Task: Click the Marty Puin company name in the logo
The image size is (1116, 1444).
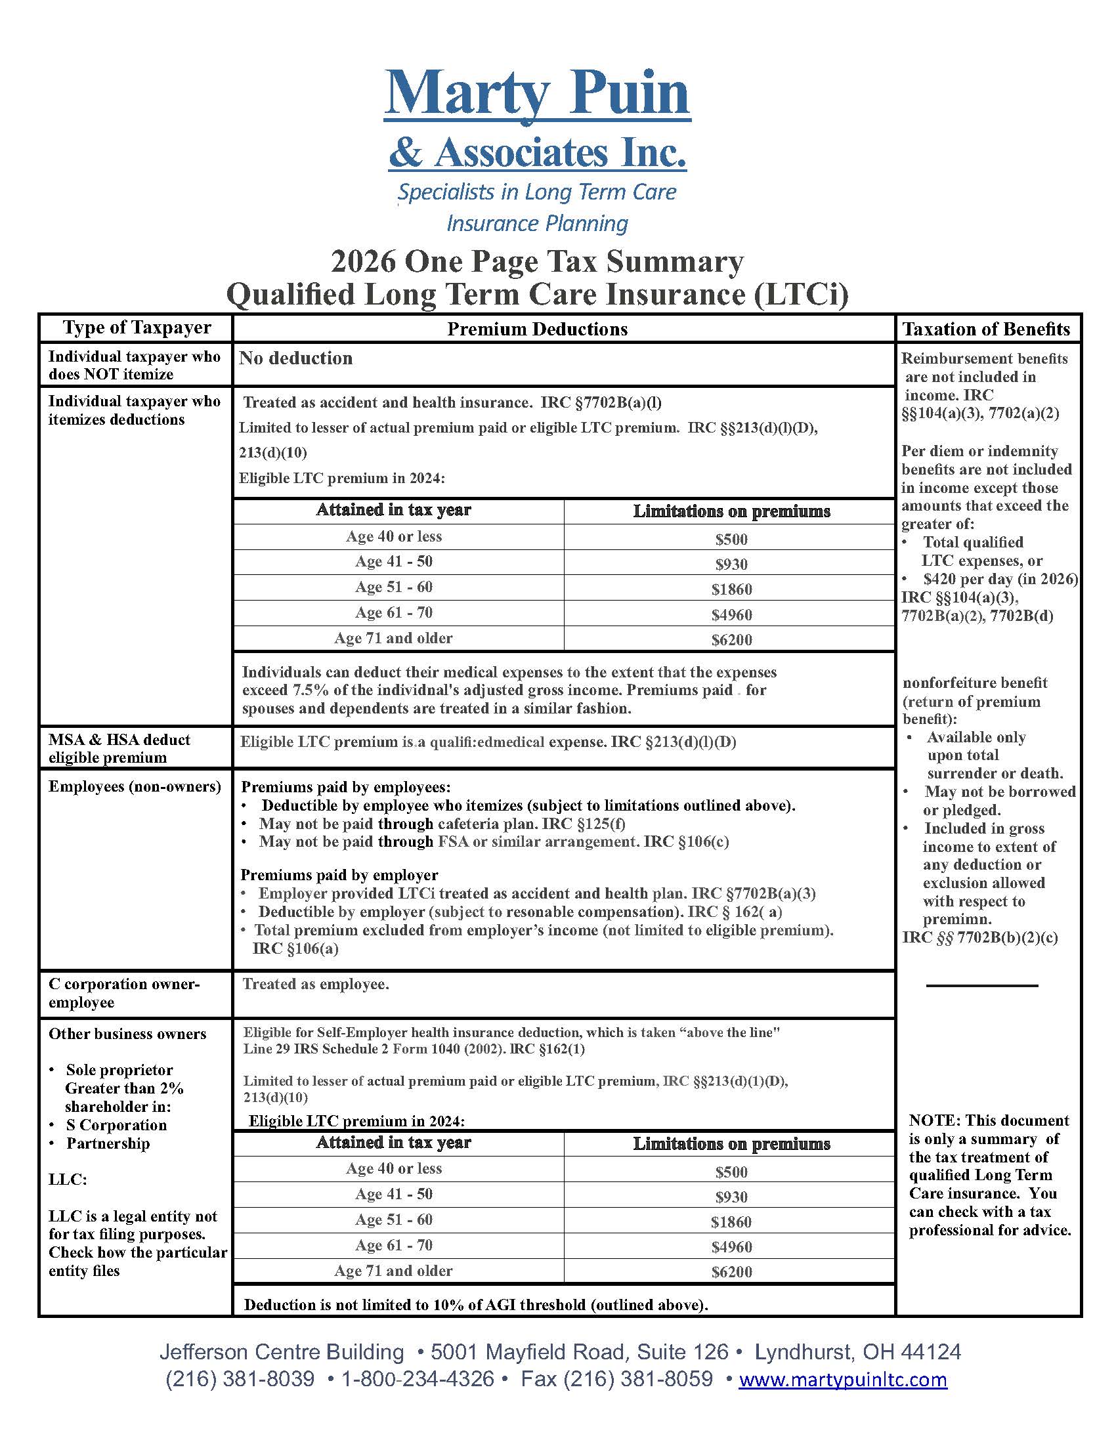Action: click(537, 93)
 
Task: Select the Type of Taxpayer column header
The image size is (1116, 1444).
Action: click(137, 328)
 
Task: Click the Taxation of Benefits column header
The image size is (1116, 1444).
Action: click(986, 329)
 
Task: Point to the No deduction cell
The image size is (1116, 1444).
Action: click(295, 358)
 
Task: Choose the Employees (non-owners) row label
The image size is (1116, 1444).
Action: click(135, 786)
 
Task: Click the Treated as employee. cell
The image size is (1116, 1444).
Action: click(315, 984)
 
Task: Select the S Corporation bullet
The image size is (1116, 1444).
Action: click(116, 1124)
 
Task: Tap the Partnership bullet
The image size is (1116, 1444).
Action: click(108, 1143)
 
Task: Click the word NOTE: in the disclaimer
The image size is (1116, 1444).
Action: click(934, 1120)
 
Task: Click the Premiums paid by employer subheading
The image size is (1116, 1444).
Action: click(339, 875)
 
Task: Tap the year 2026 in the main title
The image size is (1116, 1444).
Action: click(363, 262)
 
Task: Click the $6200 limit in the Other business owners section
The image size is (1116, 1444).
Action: click(731, 1271)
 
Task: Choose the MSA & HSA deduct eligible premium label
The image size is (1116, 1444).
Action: click(119, 748)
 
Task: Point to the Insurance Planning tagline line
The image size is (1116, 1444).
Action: click(537, 223)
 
